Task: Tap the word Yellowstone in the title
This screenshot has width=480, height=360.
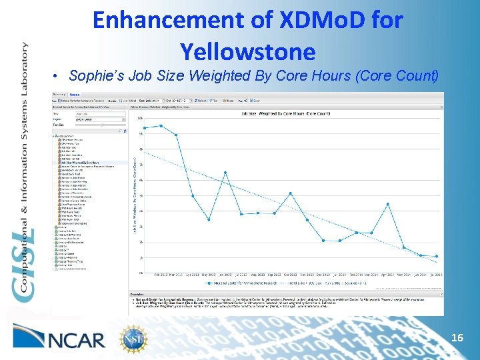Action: tap(247, 51)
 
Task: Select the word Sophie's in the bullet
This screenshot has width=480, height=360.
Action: tap(93, 75)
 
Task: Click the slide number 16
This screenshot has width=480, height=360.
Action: tap(457, 338)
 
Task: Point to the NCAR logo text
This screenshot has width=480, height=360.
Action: tap(79, 339)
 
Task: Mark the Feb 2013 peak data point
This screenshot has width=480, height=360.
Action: tap(161, 125)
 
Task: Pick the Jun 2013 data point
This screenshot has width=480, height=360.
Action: tap(225, 173)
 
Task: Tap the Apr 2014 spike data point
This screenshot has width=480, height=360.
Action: tap(388, 203)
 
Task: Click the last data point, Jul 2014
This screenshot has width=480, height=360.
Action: tap(437, 256)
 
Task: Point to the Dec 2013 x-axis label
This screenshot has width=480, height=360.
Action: tap(323, 274)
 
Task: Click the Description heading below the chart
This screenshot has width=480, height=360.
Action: tap(137, 294)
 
